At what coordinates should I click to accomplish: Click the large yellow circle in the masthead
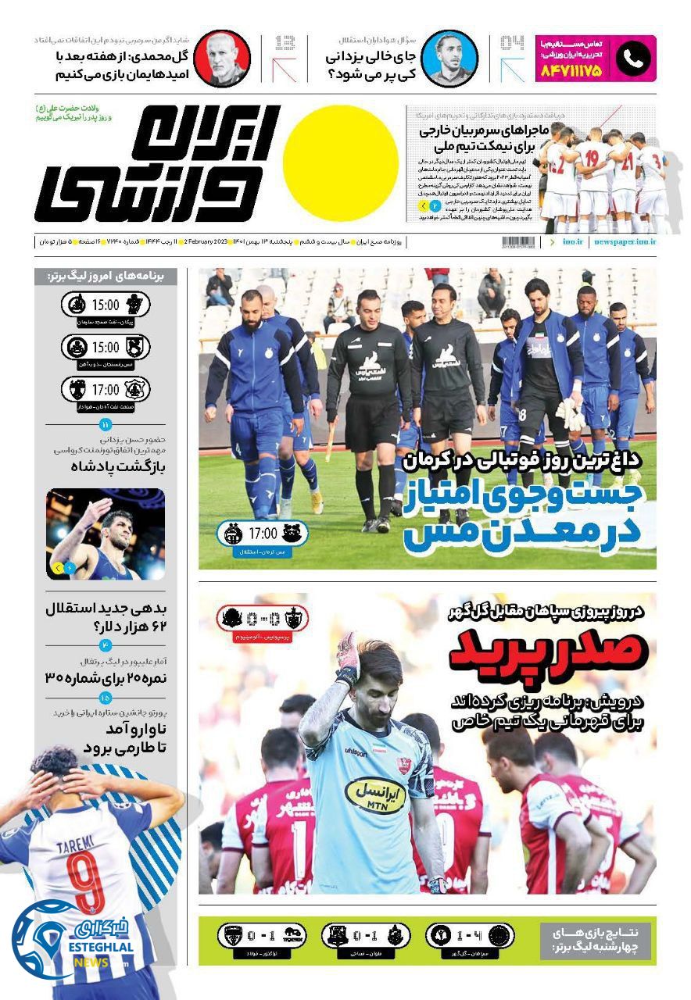click(x=341, y=163)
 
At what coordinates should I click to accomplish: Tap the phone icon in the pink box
click(x=632, y=58)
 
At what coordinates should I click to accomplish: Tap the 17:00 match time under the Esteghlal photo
click(x=263, y=534)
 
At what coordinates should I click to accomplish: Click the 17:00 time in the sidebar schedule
click(x=106, y=389)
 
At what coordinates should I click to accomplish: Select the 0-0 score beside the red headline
click(x=263, y=619)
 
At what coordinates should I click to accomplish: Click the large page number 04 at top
click(x=512, y=43)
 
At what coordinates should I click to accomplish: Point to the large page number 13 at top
click(x=285, y=43)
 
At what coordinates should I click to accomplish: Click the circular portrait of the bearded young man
click(x=449, y=58)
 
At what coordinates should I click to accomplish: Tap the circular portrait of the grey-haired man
click(x=222, y=58)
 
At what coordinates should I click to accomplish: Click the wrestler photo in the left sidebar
click(x=106, y=534)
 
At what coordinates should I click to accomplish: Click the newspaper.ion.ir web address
click(x=625, y=242)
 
